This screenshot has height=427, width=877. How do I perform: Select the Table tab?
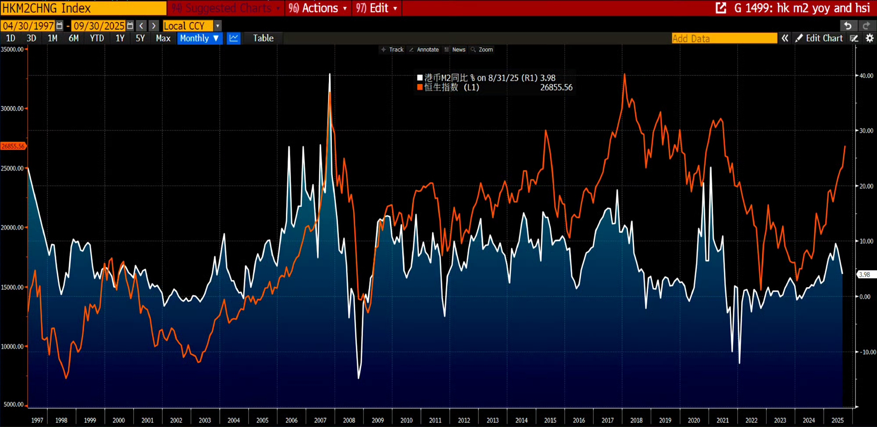tap(263, 39)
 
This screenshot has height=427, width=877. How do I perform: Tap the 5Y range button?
tap(140, 39)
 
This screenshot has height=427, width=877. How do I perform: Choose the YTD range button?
tap(97, 39)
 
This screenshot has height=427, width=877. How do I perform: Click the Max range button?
tap(163, 39)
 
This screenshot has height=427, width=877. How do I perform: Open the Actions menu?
tap(318, 8)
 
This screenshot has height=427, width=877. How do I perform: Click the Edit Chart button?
tap(820, 39)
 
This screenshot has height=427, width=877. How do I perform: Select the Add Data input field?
tap(724, 39)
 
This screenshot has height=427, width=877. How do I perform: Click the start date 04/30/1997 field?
tap(29, 26)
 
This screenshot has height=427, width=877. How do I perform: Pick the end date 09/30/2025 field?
tap(99, 26)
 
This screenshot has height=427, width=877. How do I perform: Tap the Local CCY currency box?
tap(188, 26)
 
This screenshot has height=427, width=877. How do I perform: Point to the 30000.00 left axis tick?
tap(12, 109)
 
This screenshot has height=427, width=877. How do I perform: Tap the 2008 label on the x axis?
tap(349, 420)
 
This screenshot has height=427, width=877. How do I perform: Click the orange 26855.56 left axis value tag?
tap(13, 146)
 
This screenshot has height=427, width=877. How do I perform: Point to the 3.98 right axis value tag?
tap(865, 275)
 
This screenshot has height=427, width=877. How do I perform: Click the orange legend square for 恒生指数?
tap(420, 87)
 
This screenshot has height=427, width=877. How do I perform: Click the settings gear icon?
tap(870, 39)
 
